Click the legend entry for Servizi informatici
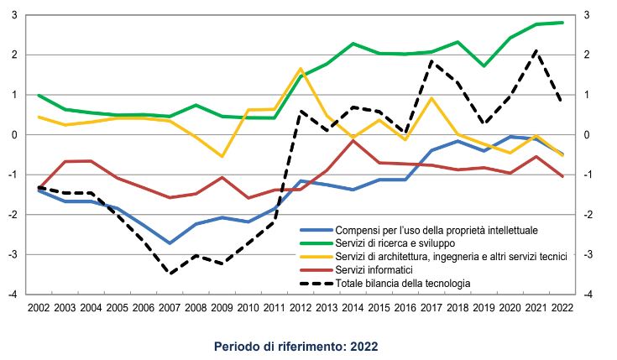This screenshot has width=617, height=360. (374, 270)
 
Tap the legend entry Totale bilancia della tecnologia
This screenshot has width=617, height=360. (403, 284)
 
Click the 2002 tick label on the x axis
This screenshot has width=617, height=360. (39, 309)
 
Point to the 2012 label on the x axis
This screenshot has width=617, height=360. (300, 309)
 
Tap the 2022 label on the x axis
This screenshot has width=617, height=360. (562, 309)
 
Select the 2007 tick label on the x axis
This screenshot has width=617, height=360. (170, 309)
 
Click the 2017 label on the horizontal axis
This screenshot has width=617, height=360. (431, 309)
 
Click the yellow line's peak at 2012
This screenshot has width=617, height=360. (300, 69)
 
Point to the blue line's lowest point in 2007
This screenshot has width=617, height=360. (170, 243)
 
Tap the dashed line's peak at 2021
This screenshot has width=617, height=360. (536, 51)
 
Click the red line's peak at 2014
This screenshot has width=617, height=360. (353, 140)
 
